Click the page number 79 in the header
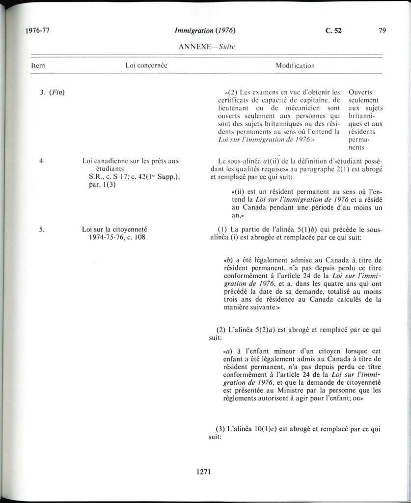coord(383,30)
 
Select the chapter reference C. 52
coord(333,30)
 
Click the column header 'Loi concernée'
coord(147,65)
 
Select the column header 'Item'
coord(38,65)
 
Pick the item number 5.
coord(42,229)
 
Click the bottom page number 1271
coord(203,472)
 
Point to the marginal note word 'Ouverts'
coord(360,92)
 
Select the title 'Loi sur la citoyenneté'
coord(115,229)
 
